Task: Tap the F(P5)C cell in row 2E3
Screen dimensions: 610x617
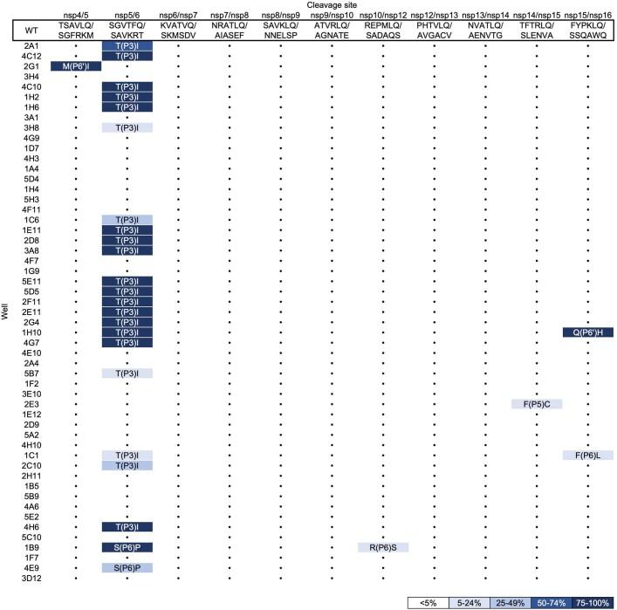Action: pyautogui.click(x=537, y=404)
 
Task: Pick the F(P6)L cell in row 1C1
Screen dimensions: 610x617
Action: pyautogui.click(x=588, y=456)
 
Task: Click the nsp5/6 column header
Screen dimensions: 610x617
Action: pyautogui.click(x=127, y=16)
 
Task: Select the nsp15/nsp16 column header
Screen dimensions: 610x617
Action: pyautogui.click(x=588, y=16)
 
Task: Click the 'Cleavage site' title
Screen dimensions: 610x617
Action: pyautogui.click(x=332, y=5)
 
